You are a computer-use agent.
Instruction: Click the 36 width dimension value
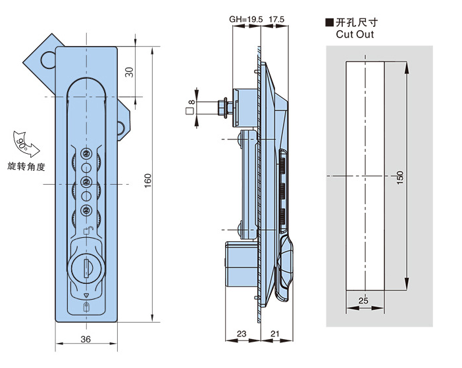pos(86,338)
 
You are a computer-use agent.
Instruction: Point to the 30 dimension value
pos(130,72)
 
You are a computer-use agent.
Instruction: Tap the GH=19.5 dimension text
pos(245,20)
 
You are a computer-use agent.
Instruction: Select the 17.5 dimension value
pos(276,20)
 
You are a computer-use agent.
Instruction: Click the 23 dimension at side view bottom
pos(242,334)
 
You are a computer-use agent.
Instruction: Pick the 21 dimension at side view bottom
pos(275,334)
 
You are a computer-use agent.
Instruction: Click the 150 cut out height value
pos(401,177)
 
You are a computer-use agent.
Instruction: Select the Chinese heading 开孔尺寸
pos(358,22)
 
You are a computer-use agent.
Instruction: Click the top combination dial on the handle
pos(86,153)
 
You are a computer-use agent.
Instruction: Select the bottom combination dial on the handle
pos(86,211)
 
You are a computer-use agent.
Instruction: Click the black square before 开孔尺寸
pos(330,22)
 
